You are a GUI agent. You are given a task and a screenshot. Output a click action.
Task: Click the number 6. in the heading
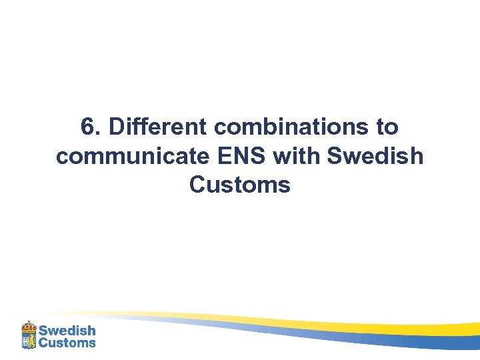click(x=89, y=127)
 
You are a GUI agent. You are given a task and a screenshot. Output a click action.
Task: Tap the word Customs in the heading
click(x=240, y=185)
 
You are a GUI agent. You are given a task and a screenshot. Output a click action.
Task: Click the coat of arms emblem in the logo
click(x=29, y=336)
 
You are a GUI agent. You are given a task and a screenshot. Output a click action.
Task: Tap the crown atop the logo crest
click(x=29, y=325)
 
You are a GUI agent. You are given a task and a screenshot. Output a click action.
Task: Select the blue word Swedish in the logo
click(x=67, y=331)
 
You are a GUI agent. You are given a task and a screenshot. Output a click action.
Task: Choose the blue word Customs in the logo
click(x=67, y=343)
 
